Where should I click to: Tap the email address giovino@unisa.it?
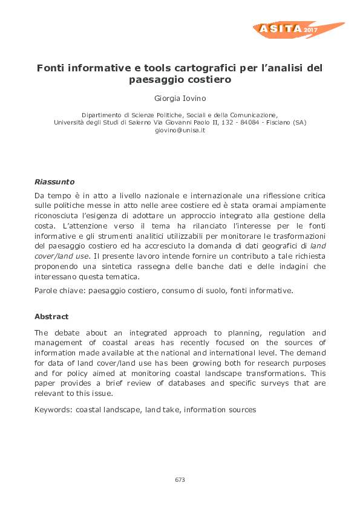[180, 130]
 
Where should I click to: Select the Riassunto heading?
[54, 181]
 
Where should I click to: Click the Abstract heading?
[51, 317]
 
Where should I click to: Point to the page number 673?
[180, 479]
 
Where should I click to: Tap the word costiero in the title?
[211, 79]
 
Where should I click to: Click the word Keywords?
[53, 410]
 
